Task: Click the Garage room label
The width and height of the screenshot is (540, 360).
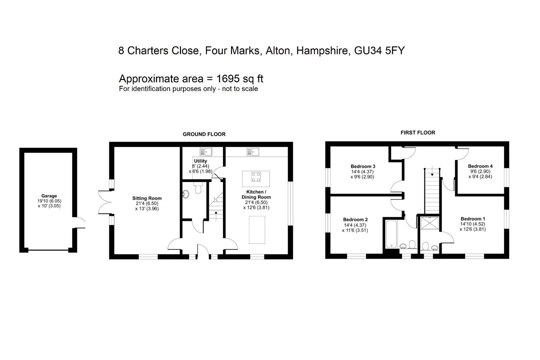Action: pyautogui.click(x=49, y=196)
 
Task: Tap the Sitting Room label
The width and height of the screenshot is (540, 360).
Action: pyautogui.click(x=147, y=198)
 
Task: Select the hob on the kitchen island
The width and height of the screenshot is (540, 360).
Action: pyautogui.click(x=256, y=177)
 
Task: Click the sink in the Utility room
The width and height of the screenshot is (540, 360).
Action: pyautogui.click(x=206, y=152)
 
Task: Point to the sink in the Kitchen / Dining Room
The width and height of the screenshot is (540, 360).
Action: pyautogui.click(x=253, y=152)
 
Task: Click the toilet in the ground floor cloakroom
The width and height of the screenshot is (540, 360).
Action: pyautogui.click(x=198, y=189)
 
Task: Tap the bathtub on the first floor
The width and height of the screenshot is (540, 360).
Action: pyautogui.click(x=391, y=235)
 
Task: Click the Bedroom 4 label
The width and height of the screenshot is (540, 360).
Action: pyautogui.click(x=480, y=166)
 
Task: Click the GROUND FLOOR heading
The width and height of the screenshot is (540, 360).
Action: pyautogui.click(x=204, y=134)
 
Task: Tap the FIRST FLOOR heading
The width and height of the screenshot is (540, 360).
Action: pyautogui.click(x=418, y=133)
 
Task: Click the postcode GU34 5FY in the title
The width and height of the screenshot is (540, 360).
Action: pyautogui.click(x=379, y=51)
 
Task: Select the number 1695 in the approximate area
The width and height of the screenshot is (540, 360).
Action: pyautogui.click(x=228, y=79)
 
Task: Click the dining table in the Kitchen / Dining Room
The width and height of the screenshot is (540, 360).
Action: pyautogui.click(x=257, y=230)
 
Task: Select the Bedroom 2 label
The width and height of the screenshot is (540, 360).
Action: pyautogui.click(x=355, y=219)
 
